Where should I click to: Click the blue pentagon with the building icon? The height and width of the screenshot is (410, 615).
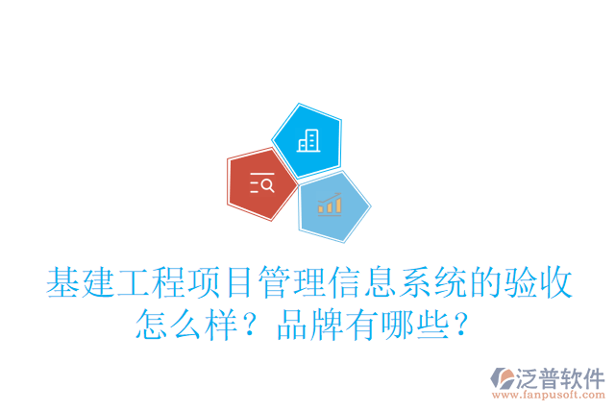point(307,139)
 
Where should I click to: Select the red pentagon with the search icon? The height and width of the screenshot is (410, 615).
point(260,182)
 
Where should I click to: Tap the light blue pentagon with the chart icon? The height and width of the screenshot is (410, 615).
point(332,205)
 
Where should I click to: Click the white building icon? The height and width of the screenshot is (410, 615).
point(307,141)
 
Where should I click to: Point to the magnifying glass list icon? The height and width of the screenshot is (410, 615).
point(261,182)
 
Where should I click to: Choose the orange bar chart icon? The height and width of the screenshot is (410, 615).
point(331,204)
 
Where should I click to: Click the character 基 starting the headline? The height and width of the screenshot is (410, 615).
point(63,284)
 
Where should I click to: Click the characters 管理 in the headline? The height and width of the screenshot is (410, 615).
point(310,284)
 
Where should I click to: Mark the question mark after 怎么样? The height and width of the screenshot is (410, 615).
point(253,327)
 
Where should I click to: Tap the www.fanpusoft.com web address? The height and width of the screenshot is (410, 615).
point(548,395)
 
